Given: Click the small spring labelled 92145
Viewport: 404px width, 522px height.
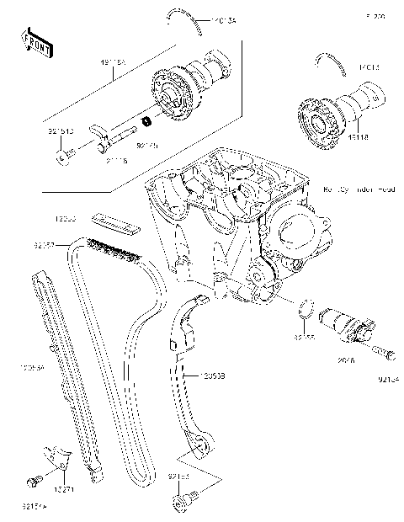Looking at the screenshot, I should pyautogui.click(x=146, y=123).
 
